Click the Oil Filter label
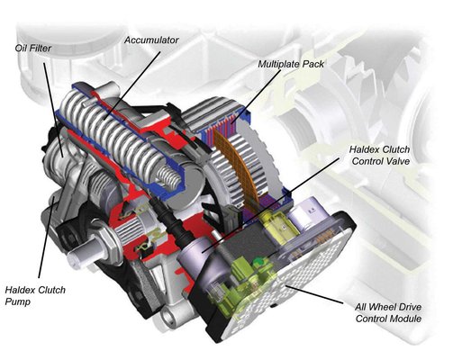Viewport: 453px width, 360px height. coord(33,48)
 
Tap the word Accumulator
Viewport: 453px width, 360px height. coord(151,40)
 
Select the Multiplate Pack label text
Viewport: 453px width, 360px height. coord(291,64)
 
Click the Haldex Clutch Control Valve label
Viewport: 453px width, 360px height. coord(380,155)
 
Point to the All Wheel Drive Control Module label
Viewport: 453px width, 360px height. coord(388,312)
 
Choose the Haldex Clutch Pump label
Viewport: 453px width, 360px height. coord(35,295)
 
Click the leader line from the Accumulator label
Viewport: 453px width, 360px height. coord(132,86)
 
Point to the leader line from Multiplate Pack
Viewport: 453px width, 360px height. coord(256,96)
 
